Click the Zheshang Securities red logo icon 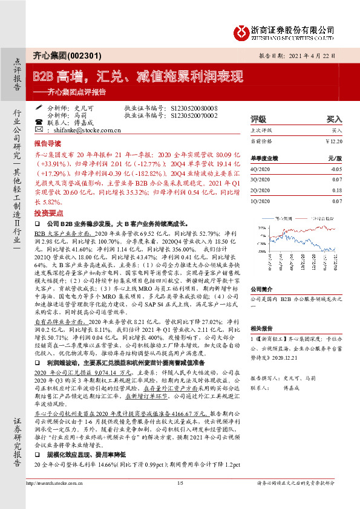[x=243, y=31]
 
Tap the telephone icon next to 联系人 [x=40, y=122]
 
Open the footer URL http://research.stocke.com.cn [x=56, y=483]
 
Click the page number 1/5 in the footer [x=180, y=483]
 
